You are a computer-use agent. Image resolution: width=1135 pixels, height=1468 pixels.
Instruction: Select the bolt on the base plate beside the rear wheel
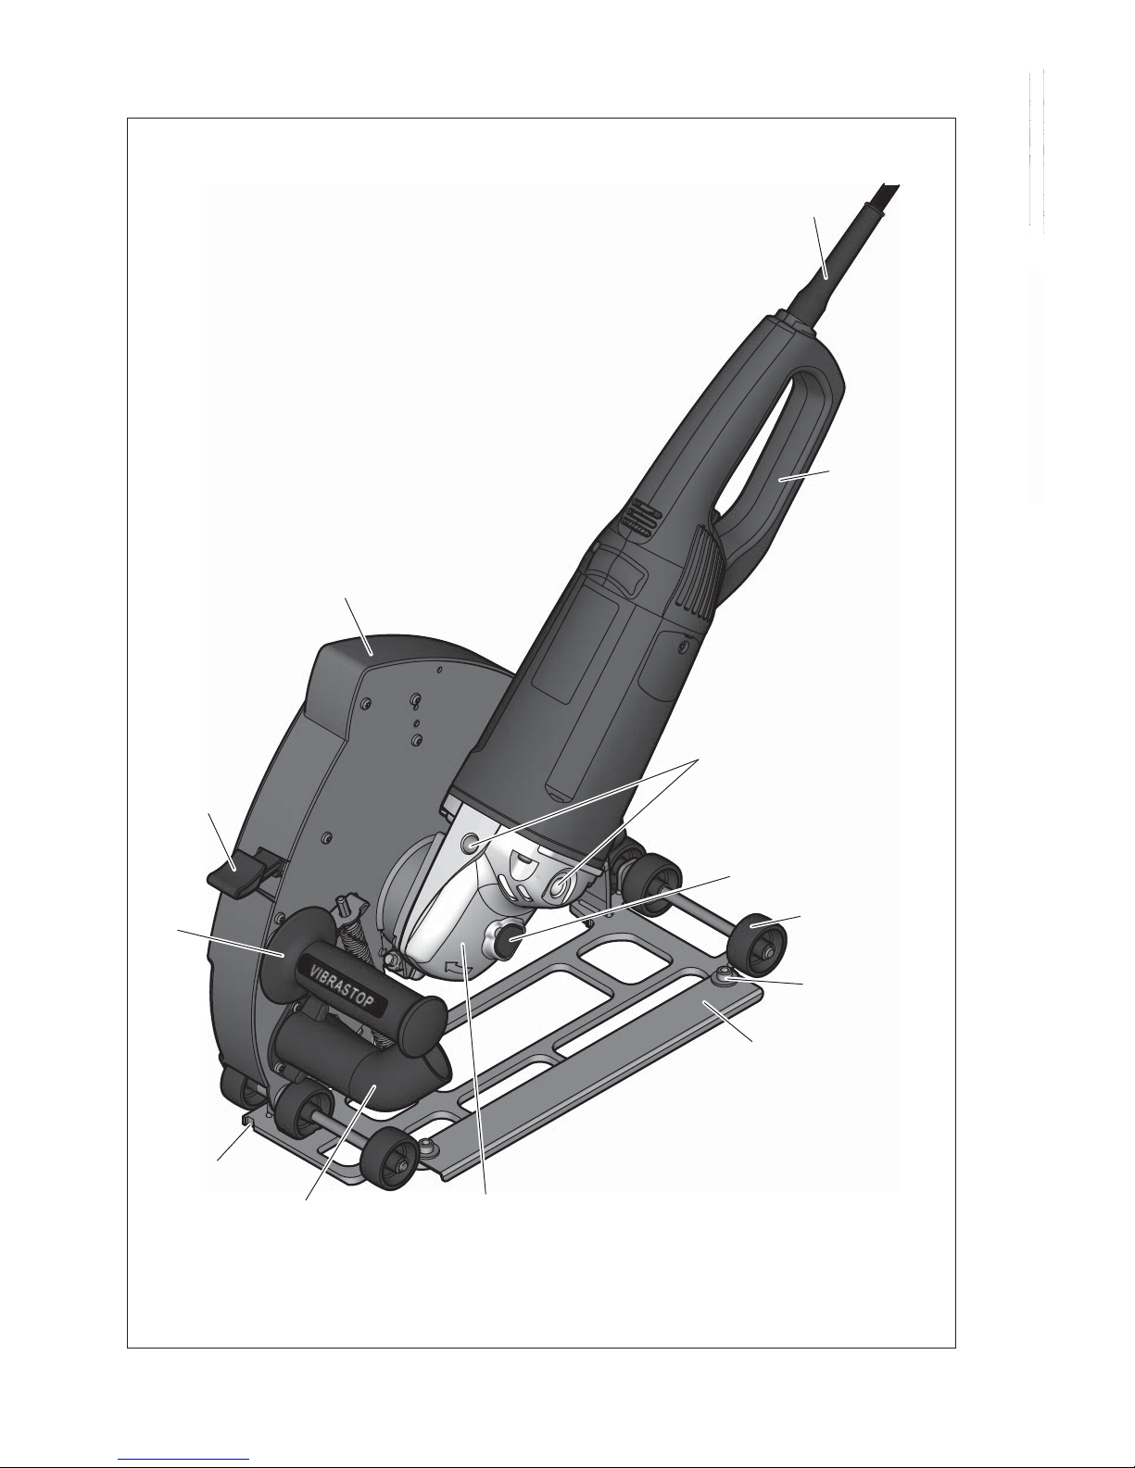(725, 975)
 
